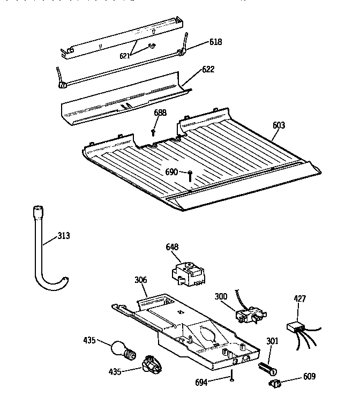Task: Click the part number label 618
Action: (x=215, y=42)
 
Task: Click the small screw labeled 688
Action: (x=154, y=131)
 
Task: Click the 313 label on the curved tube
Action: (x=63, y=235)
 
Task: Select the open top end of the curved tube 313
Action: (x=38, y=209)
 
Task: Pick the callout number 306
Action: (x=140, y=280)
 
